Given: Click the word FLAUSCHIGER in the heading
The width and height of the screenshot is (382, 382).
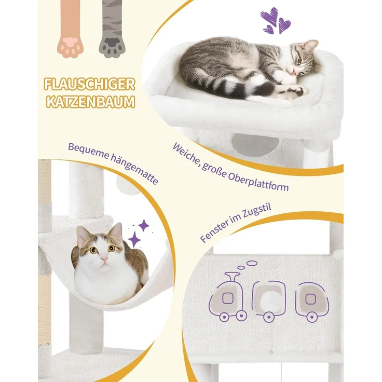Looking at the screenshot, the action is [x=89, y=85].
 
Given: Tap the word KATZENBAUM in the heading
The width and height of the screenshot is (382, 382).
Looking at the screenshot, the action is [x=90, y=102].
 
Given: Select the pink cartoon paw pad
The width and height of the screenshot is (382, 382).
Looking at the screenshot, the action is [x=71, y=46].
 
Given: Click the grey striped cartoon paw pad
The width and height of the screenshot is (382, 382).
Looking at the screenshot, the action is [x=112, y=46].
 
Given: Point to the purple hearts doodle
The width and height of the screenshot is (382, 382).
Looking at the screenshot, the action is [x=275, y=21].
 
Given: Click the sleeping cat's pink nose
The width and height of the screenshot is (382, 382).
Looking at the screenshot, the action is [x=294, y=72].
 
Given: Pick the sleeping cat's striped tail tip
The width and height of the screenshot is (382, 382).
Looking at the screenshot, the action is [x=266, y=88].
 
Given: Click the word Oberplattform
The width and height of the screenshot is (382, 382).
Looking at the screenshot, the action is [x=258, y=183].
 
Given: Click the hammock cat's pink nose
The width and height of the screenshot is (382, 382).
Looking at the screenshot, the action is [x=104, y=259].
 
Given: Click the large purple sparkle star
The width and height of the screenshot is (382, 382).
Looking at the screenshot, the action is [x=134, y=239].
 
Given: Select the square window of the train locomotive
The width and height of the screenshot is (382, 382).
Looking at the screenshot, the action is [x=227, y=298].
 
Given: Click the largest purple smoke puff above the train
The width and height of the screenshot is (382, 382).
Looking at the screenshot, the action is [x=252, y=263].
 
